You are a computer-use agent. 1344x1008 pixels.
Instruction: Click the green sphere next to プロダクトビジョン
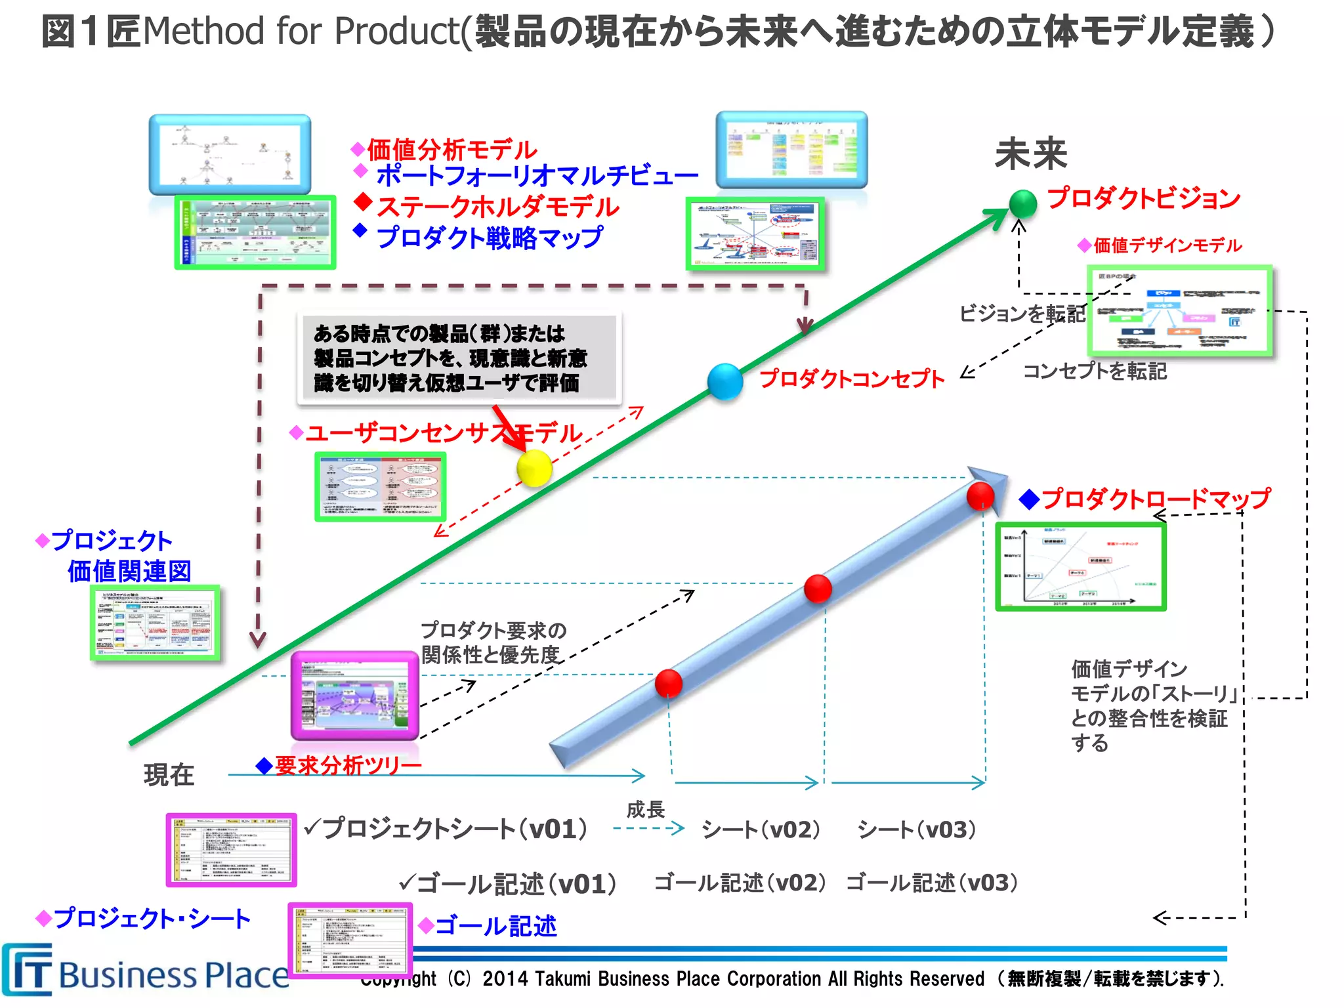(x=1022, y=203)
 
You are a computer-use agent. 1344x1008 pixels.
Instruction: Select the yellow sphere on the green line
(x=534, y=468)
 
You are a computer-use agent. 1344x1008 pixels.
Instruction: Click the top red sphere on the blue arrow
(x=980, y=495)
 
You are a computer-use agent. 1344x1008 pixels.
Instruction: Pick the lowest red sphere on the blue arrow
(x=669, y=683)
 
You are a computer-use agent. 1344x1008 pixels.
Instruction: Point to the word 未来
(x=1031, y=154)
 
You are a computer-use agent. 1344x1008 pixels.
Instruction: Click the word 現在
(x=169, y=775)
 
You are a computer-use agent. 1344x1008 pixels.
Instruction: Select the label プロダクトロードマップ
(x=1155, y=499)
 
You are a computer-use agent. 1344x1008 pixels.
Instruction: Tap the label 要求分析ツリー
(x=348, y=765)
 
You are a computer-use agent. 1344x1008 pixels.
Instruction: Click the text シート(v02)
(x=761, y=829)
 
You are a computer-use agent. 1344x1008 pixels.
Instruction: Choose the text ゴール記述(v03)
(x=932, y=883)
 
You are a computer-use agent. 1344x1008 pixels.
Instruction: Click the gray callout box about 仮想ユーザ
(x=458, y=358)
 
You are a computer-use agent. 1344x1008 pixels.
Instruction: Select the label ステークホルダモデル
(x=497, y=207)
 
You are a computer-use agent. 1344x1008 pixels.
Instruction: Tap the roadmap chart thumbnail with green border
(x=1080, y=567)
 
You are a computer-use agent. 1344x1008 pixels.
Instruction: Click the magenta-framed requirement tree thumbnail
(x=354, y=696)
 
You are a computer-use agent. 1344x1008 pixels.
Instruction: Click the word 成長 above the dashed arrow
(x=645, y=810)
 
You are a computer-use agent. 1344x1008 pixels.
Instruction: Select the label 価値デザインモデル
(x=1167, y=245)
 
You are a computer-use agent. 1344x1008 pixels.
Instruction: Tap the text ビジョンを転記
(x=1022, y=314)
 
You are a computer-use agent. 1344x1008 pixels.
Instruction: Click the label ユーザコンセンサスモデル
(x=444, y=433)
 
